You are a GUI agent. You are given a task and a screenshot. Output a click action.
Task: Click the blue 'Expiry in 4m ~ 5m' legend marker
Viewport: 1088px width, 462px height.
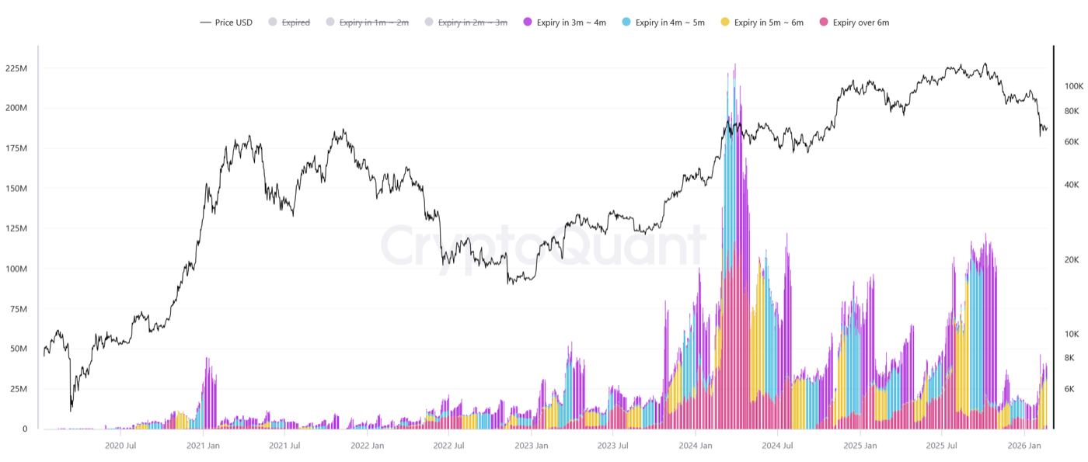click(x=626, y=23)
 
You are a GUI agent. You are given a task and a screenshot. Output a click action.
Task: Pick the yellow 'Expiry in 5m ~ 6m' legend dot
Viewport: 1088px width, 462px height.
click(x=725, y=23)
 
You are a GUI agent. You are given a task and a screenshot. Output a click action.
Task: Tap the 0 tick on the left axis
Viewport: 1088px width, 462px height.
click(x=25, y=429)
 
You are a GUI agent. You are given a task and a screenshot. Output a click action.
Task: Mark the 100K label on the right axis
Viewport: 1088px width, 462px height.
click(x=1074, y=86)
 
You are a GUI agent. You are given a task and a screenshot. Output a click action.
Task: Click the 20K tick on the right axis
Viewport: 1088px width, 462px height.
click(x=1072, y=260)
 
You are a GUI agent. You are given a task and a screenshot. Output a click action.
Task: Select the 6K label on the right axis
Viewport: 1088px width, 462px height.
click(x=1069, y=389)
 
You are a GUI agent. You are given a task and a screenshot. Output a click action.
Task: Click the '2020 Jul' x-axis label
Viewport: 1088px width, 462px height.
click(x=120, y=446)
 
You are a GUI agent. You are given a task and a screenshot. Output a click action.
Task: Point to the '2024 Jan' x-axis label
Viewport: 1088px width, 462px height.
click(x=695, y=446)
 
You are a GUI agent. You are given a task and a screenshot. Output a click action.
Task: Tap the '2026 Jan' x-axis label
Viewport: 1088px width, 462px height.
click(x=1023, y=446)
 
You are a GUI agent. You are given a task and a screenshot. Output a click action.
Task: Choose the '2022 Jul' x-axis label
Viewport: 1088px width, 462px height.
click(x=448, y=446)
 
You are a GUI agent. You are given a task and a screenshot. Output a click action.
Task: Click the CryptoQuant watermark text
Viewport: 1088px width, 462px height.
click(x=542, y=246)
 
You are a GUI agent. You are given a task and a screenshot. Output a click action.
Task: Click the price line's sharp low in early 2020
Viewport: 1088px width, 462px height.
click(x=71, y=409)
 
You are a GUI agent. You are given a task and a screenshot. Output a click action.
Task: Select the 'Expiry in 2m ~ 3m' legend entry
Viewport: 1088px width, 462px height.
click(x=473, y=23)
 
